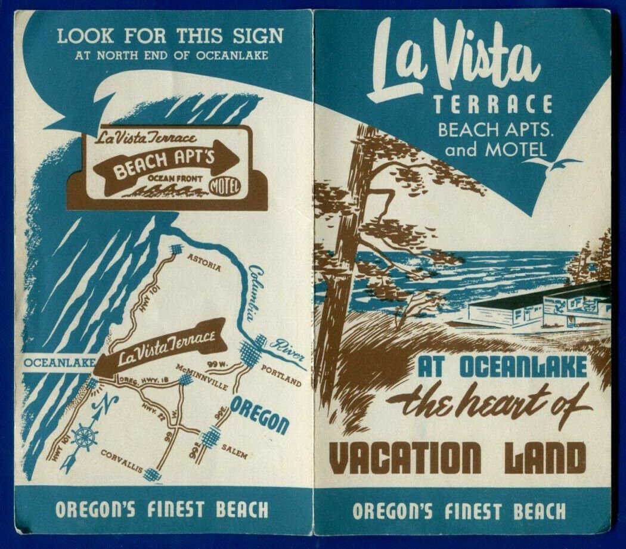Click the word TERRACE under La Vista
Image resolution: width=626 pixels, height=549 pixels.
[492, 106]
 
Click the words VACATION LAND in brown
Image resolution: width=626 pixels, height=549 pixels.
[458, 458]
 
